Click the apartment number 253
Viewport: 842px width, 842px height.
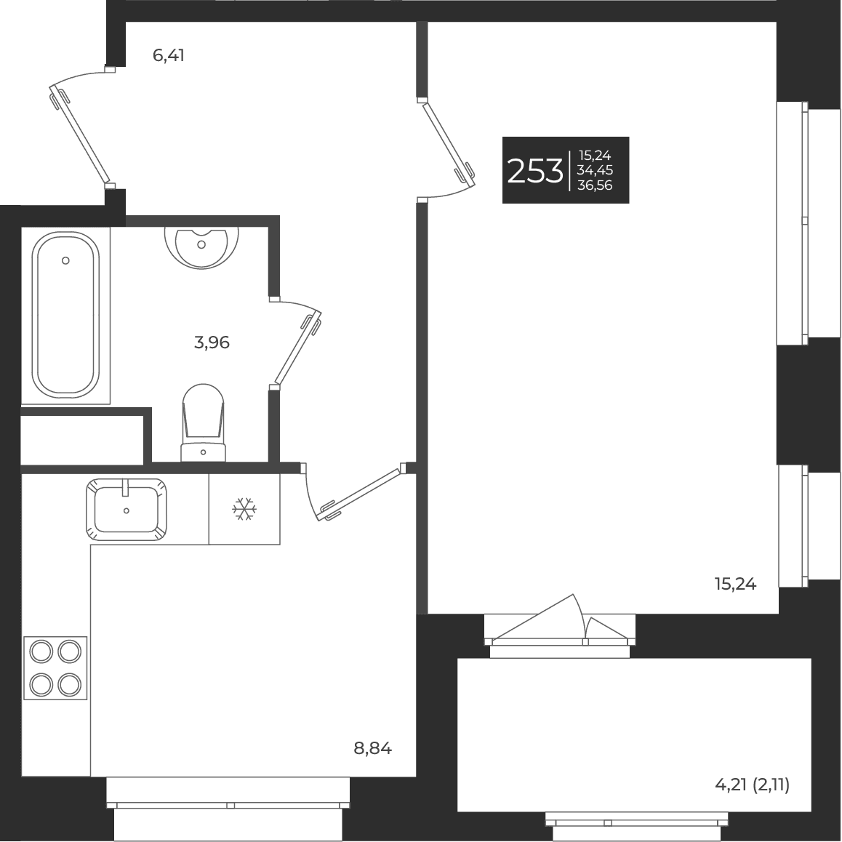click(535, 172)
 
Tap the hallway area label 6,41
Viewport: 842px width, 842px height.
click(169, 55)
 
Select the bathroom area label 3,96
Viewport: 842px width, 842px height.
click(212, 342)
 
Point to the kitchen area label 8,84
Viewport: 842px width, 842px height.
click(373, 748)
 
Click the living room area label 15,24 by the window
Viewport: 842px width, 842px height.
click(735, 584)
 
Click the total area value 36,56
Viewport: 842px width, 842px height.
click(595, 185)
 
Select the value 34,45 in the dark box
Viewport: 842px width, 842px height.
click(595, 170)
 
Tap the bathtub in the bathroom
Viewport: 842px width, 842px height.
click(65, 315)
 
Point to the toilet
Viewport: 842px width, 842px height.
click(204, 422)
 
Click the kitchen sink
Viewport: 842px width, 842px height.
click(127, 509)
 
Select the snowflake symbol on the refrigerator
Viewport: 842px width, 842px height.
click(244, 508)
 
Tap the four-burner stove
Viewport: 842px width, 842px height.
click(55, 668)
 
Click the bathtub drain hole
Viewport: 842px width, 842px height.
click(65, 260)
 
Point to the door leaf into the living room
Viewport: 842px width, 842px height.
click(449, 145)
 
